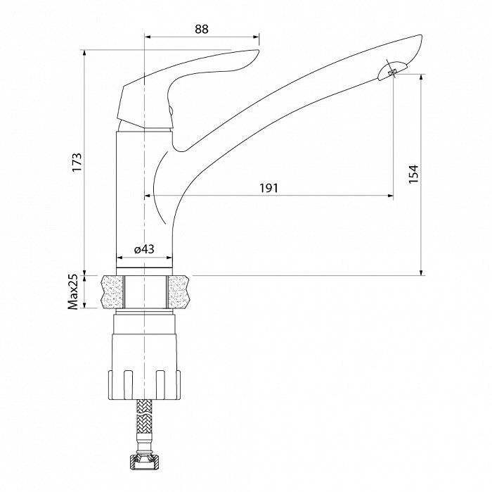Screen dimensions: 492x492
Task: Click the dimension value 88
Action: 201,29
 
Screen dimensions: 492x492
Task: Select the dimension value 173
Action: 77,162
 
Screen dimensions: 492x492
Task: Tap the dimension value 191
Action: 269,188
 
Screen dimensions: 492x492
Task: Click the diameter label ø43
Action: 144,249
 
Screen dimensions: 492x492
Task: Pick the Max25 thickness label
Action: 72,292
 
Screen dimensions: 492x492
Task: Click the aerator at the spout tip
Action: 391,71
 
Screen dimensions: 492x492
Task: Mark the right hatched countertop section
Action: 178,291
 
